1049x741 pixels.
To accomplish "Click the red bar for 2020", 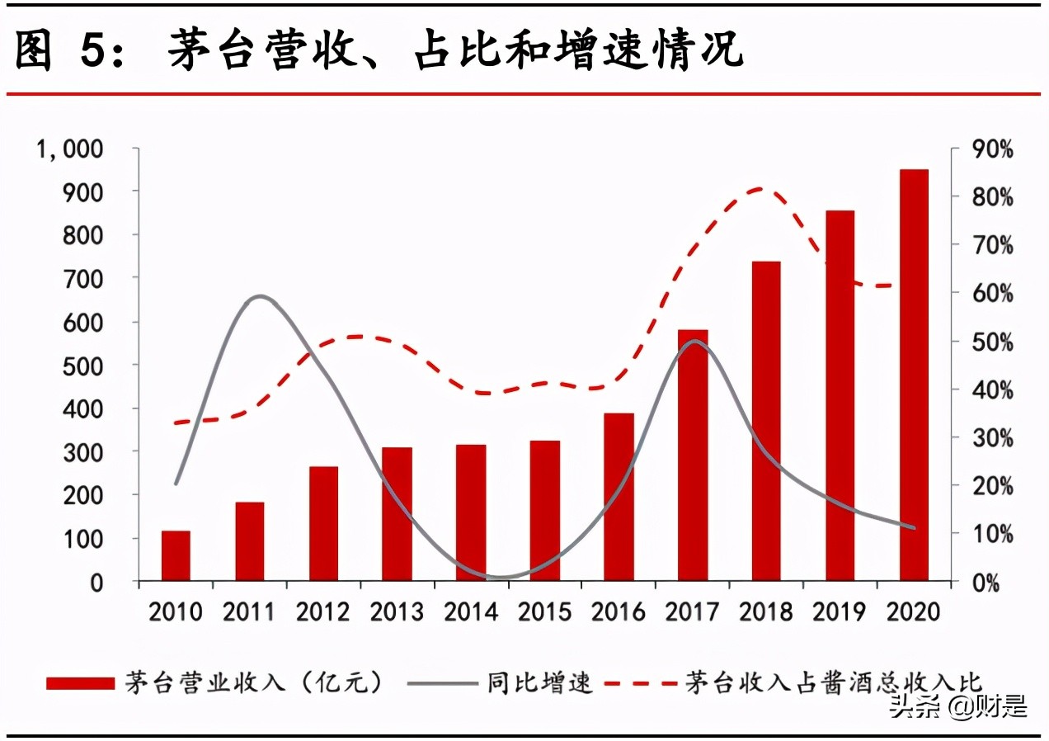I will click(x=914, y=375).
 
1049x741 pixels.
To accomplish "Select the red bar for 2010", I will click(x=176, y=556).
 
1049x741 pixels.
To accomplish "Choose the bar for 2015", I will click(x=545, y=511).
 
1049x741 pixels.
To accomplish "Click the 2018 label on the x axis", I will click(x=766, y=611).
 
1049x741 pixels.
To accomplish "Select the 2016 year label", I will click(x=619, y=611).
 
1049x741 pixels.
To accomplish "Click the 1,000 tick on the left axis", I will click(x=68, y=149).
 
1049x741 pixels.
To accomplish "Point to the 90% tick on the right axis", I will click(x=992, y=149).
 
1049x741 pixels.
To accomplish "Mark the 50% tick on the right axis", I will click(x=992, y=342).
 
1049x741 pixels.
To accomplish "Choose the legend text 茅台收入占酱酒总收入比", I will click(x=833, y=683).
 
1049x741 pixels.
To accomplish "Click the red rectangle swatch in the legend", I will click(x=80, y=683).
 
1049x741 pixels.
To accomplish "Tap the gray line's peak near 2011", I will click(x=261, y=295).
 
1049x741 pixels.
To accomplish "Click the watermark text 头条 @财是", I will click(x=957, y=706).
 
